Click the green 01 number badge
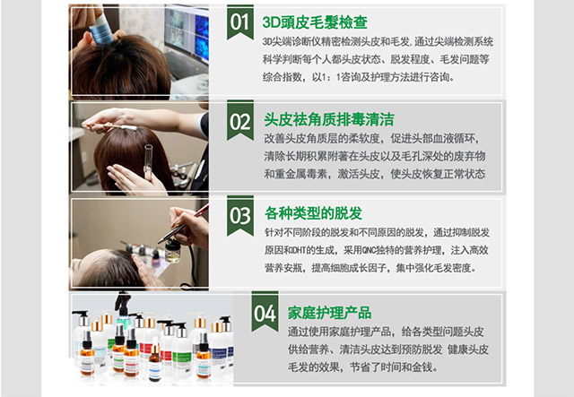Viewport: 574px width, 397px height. (240, 22)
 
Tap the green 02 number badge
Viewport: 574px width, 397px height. (240, 120)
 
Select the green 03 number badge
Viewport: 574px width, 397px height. (240, 215)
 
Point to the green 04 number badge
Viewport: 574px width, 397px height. (265, 312)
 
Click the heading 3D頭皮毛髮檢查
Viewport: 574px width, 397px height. (315, 22)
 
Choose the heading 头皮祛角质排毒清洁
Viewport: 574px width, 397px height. (329, 120)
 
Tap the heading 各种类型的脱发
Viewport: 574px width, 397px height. (313, 213)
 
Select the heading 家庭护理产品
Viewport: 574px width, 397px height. (329, 313)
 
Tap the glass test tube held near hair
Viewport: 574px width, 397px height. (148, 162)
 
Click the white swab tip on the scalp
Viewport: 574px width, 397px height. (129, 127)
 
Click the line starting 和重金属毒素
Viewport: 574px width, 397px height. (375, 174)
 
